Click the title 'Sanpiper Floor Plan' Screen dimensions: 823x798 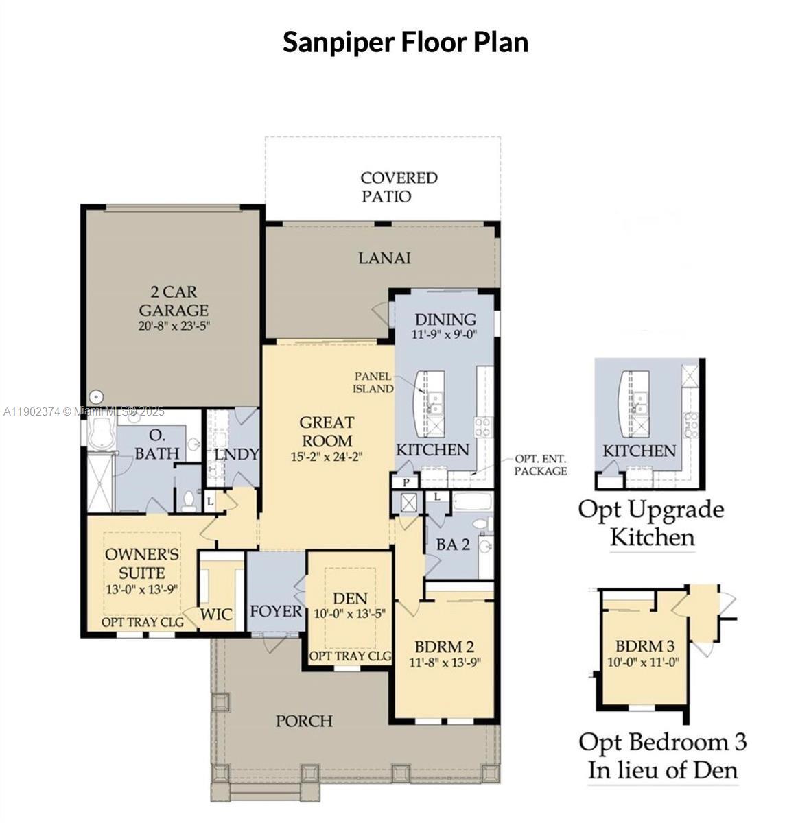tap(405, 42)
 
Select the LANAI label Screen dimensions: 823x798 tap(384, 258)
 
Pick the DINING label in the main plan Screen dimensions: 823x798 tap(445, 320)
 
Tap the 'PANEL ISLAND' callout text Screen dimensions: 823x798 tap(373, 382)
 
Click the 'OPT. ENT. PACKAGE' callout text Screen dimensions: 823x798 tap(541, 465)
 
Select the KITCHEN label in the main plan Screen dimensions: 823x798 tap(432, 450)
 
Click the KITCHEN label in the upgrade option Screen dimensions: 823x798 tap(639, 451)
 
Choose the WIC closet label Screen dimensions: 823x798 tap(215, 614)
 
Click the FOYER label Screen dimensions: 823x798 tap(276, 611)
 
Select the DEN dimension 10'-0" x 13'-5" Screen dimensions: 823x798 tap(350, 615)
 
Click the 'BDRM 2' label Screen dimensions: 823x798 tap(444, 646)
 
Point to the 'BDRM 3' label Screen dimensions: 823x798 tap(644, 645)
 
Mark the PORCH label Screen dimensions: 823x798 tap(304, 721)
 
